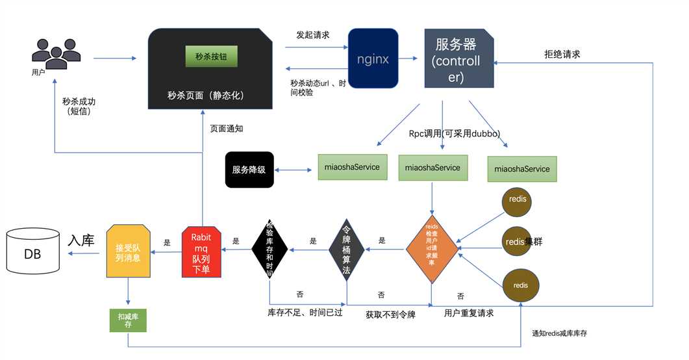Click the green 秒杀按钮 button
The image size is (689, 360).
point(212,57)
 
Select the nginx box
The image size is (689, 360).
point(373,58)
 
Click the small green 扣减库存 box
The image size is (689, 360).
point(128,320)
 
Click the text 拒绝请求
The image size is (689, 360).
point(562,55)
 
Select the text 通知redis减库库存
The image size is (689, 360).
point(559,333)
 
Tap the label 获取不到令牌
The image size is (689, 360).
point(390,315)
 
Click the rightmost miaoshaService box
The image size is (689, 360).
point(522,169)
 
